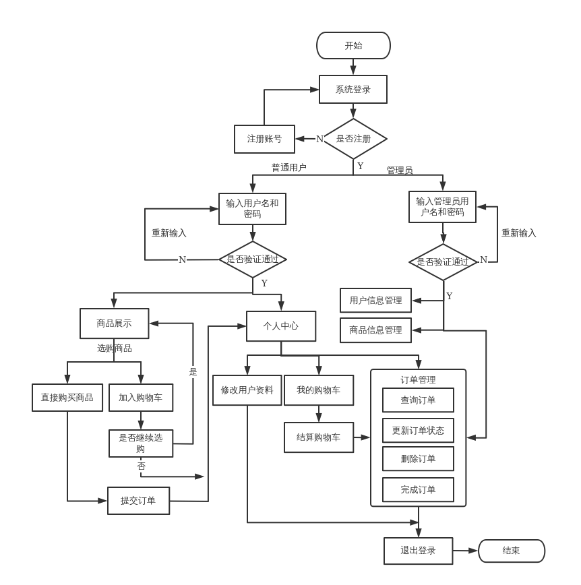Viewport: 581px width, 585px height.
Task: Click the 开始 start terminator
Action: pos(353,46)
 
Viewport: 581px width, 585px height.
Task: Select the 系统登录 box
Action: pos(353,89)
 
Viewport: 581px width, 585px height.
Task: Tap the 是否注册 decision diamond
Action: pos(354,139)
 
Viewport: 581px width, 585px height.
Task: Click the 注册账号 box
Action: pos(264,139)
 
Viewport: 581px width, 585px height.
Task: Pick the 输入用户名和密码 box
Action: pos(252,209)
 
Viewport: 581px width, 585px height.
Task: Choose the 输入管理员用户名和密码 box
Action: pos(442,207)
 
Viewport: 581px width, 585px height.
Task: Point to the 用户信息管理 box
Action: pos(375,301)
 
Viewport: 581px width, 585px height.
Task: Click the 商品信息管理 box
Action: pos(375,330)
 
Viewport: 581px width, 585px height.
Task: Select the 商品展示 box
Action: pos(114,324)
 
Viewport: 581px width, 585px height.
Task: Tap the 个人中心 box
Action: pos(280,326)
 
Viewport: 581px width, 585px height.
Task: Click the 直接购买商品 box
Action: pos(67,398)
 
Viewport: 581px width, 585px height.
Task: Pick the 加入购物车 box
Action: pos(141,398)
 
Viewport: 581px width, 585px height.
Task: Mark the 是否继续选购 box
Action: pos(141,443)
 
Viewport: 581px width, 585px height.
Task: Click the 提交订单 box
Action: pos(138,501)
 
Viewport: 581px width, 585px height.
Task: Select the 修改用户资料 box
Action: pos(247,390)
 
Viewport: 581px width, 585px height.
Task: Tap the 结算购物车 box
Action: pos(319,437)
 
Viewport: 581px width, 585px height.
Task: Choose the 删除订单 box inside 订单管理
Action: pos(418,459)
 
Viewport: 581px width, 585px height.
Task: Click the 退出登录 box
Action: pos(418,551)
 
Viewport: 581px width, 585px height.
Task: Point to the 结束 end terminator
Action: pos(511,551)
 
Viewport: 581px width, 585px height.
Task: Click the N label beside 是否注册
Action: pos(319,140)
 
